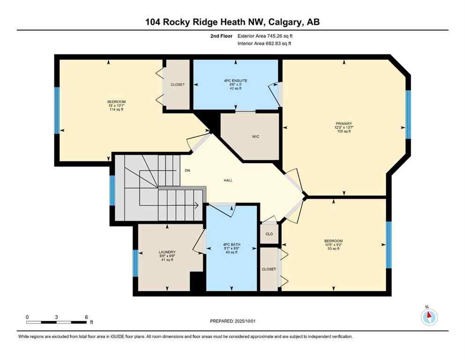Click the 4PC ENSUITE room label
pyautogui.click(x=236, y=81)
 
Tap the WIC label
pyautogui.click(x=255, y=137)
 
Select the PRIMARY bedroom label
pyautogui.click(x=343, y=124)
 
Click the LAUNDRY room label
pyautogui.click(x=167, y=252)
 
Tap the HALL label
pyautogui.click(x=228, y=180)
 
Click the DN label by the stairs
pyautogui.click(x=187, y=170)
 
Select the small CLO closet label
pyautogui.click(x=269, y=233)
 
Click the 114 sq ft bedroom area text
pyautogui.click(x=116, y=109)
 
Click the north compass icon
pyautogui.click(x=429, y=317)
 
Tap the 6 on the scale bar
pyautogui.click(x=86, y=317)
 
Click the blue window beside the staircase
pyautogui.click(x=112, y=191)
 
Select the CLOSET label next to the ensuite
pyautogui.click(x=177, y=85)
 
